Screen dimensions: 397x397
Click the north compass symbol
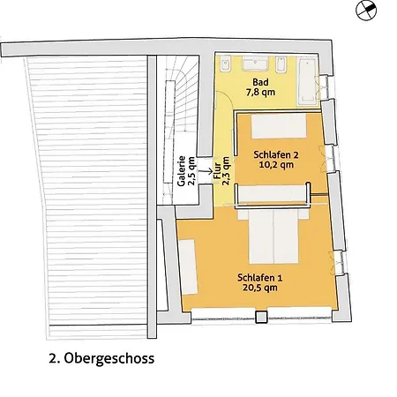[366, 11]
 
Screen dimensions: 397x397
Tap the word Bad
[260, 82]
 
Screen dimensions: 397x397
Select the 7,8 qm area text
[260, 92]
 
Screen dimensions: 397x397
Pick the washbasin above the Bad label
[255, 64]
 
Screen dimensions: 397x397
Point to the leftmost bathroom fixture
[226, 64]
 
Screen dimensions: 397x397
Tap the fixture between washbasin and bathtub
[281, 64]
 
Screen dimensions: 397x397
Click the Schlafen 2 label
[276, 154]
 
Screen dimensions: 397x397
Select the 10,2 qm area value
[276, 164]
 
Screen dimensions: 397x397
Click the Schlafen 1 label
[260, 278]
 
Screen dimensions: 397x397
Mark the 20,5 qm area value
[260, 288]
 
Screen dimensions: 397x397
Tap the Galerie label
[182, 171]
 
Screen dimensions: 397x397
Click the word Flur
[217, 171]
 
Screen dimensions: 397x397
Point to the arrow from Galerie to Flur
[206, 170]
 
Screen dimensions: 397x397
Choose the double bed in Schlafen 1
[273, 236]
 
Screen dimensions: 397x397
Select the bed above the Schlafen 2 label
[279, 126]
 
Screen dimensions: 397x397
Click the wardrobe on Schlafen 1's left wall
[188, 266]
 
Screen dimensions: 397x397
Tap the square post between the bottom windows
[261, 317]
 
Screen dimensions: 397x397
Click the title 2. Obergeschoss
[101, 358]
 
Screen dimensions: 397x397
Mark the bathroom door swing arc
[227, 98]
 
